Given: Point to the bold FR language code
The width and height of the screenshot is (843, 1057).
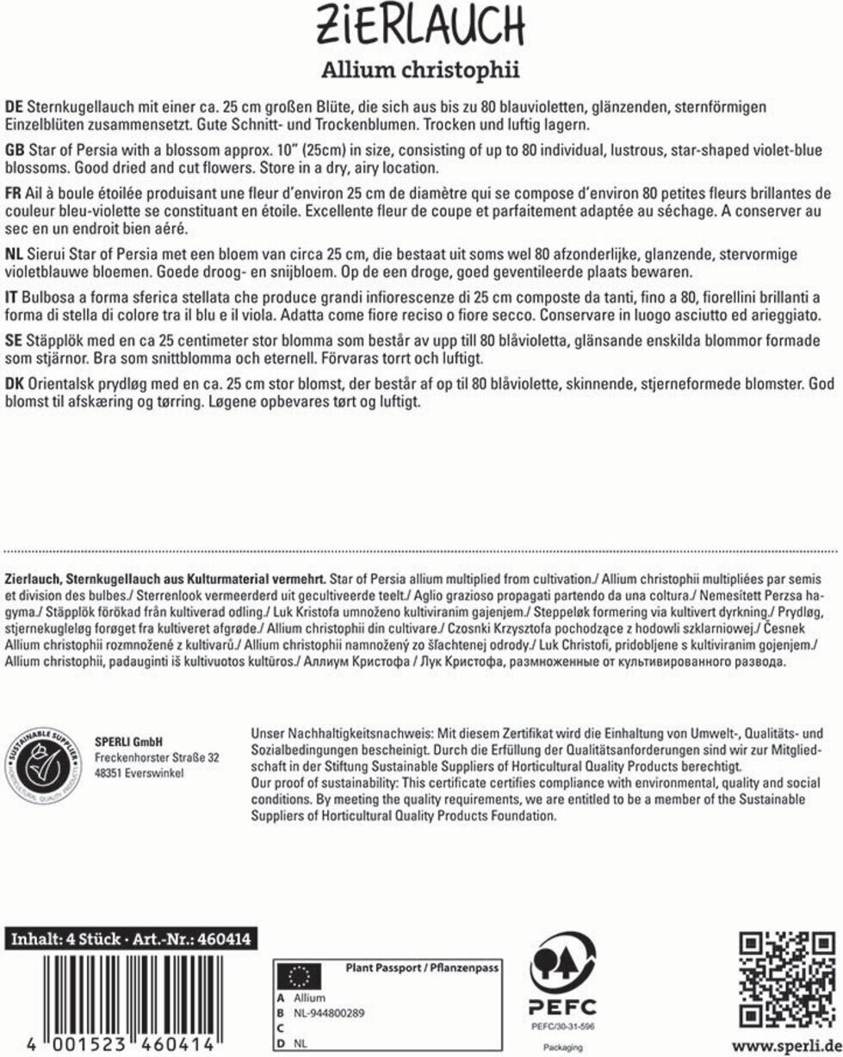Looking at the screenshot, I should (14, 190).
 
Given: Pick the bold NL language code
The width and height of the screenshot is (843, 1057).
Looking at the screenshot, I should (14, 255).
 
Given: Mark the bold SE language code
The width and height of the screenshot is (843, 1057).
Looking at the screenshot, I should (14, 340).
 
